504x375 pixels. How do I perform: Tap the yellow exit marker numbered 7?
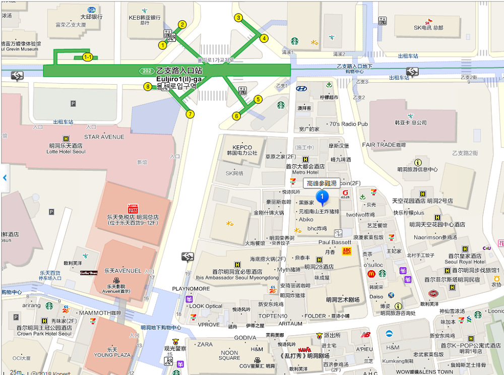pos(190,114)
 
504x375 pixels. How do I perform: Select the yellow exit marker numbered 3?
pos(239,18)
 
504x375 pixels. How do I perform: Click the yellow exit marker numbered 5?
pos(258,99)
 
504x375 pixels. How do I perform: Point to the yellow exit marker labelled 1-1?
pos(88,57)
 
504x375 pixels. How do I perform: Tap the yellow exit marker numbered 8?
pos(148,87)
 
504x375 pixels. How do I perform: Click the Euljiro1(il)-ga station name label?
pos(179,79)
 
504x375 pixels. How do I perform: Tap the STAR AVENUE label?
pos(104,137)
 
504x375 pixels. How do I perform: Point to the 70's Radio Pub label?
pos(348,124)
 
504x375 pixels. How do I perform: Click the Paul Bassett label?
pos(333,242)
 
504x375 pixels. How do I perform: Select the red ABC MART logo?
pos(346,251)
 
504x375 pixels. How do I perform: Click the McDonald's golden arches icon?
pos(371,274)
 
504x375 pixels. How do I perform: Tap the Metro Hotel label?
pos(305,172)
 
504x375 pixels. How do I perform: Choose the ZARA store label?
pos(205,345)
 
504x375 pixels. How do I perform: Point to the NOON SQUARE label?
pos(229,355)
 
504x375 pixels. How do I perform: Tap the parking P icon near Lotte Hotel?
pos(73,104)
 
